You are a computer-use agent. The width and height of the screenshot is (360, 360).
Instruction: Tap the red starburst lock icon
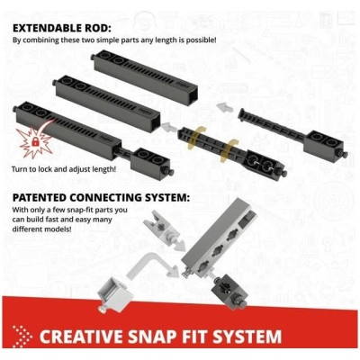31,143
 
